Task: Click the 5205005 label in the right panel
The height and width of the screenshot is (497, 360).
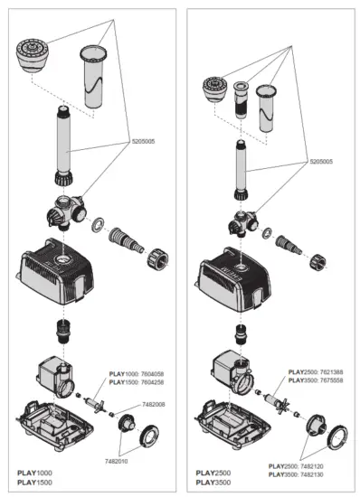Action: click(x=324, y=161)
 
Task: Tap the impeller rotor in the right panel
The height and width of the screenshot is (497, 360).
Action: click(x=275, y=399)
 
